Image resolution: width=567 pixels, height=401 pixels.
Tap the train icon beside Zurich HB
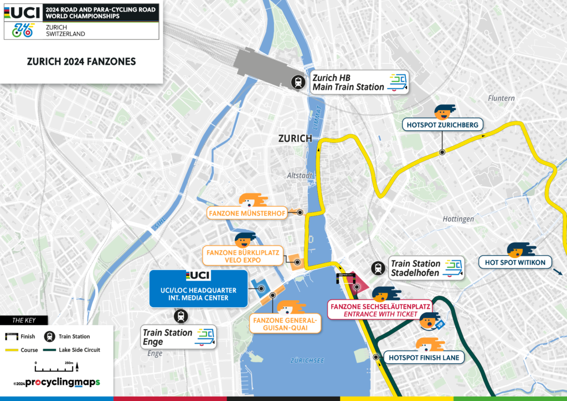[298, 83]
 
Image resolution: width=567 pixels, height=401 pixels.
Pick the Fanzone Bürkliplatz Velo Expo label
[243, 256]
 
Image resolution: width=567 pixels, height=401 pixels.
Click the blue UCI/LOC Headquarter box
[198, 289]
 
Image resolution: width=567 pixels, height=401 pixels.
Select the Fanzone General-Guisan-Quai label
[285, 324]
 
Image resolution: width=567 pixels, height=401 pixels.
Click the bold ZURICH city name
[296, 138]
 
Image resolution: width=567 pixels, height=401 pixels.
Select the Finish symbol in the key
[11, 336]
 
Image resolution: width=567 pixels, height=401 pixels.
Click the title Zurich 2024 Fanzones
[81, 62]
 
